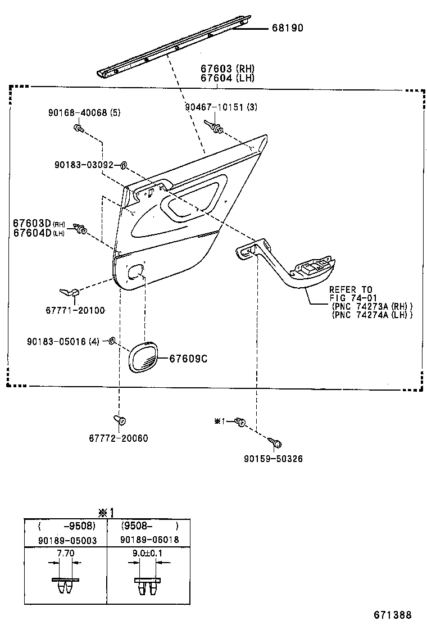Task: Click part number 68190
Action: pos(284,28)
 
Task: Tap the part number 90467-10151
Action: pos(214,107)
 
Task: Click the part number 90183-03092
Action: pos(84,165)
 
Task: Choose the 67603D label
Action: pos(32,223)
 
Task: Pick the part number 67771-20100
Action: pos(75,310)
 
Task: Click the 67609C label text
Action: pos(185,358)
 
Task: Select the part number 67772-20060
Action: pos(118,438)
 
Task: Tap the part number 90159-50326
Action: pos(273,459)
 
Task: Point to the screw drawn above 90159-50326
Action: pos(276,443)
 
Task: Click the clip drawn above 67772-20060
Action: pos(120,419)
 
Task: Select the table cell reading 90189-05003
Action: pos(65,540)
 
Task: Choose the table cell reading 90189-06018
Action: pos(149,540)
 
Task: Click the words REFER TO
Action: pos(351,289)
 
